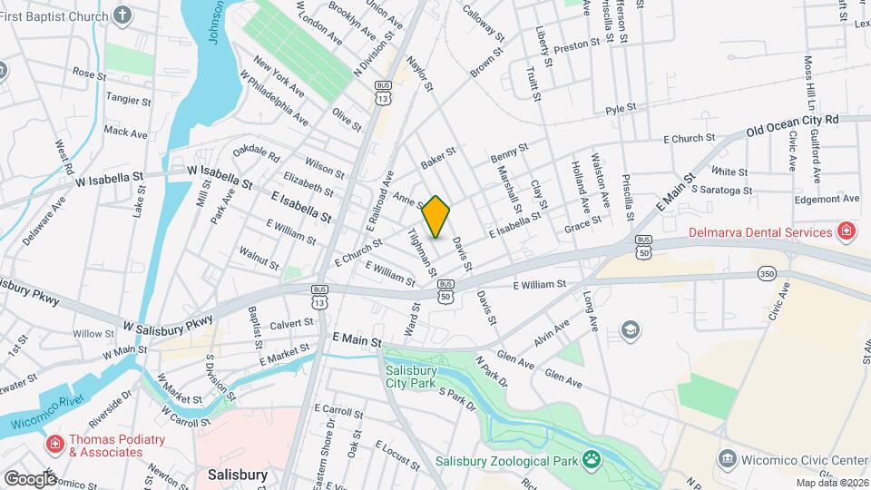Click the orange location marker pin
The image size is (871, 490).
coord(436,216)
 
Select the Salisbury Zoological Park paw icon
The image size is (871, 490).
coord(592,459)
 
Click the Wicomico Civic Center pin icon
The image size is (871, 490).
coord(727,459)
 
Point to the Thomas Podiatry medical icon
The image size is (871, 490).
coord(54,444)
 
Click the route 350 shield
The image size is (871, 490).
coord(768,273)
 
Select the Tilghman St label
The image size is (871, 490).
coord(422,252)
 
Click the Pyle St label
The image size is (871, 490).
coord(621,109)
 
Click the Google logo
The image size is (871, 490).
coord(29,478)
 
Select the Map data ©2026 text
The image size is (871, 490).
coord(832,483)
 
